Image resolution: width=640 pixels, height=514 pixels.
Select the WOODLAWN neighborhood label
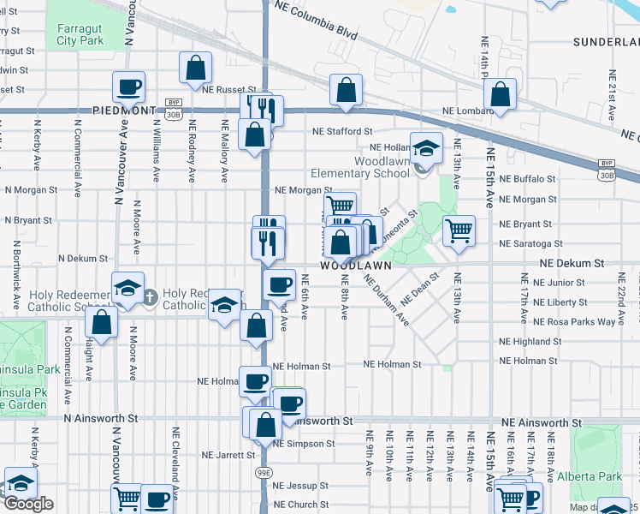[x=356, y=266]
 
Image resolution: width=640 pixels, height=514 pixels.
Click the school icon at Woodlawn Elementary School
[x=425, y=150]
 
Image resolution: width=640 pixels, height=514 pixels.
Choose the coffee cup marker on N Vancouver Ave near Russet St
[x=128, y=86]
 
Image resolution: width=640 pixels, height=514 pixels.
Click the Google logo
[x=28, y=504]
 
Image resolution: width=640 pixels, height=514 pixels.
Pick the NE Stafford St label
[x=342, y=132]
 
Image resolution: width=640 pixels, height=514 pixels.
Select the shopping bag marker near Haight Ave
[x=102, y=323]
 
